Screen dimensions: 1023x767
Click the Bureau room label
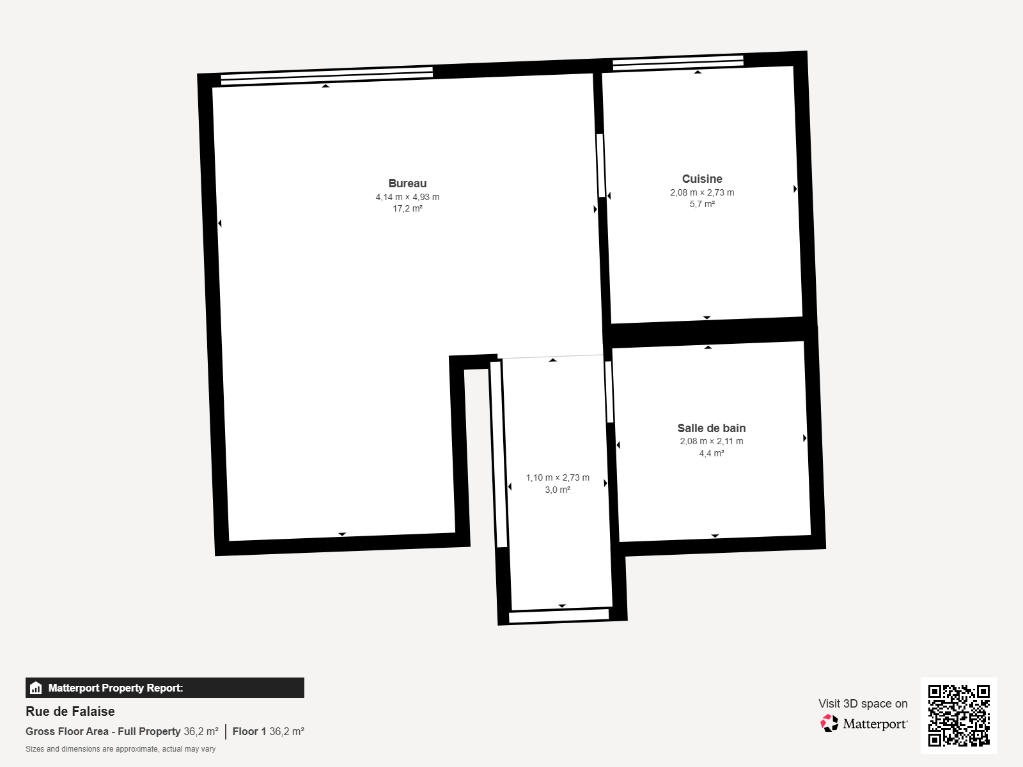coord(407,183)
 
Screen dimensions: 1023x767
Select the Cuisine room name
coord(702,179)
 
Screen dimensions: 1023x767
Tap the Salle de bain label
coord(711,428)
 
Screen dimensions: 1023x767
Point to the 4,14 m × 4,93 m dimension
coord(407,197)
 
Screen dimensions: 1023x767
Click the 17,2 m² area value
coord(407,208)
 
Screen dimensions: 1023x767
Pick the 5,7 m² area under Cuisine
coord(702,204)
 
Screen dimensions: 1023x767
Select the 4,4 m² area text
coord(711,453)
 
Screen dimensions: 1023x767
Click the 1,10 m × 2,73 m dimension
coord(558,478)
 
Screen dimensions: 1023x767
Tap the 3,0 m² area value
coord(558,490)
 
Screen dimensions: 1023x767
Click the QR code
coord(958,716)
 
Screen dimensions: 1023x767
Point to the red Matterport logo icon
coord(829,724)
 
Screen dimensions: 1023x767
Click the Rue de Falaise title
coord(70,711)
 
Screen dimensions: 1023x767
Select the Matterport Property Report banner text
coord(116,688)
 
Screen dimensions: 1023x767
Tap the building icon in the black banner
coord(36,688)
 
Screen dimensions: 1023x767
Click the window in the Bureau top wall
coord(327,76)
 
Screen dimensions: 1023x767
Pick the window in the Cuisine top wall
coord(678,63)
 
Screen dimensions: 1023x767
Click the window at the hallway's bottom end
coord(559,616)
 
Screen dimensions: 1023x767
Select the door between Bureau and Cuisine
coord(601,166)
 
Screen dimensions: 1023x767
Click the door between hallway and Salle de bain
coord(609,392)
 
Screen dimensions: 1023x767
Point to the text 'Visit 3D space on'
coord(863,704)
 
